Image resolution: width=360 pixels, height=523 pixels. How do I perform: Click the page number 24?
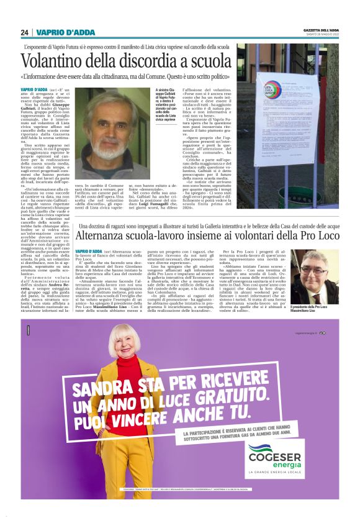click(24, 33)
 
